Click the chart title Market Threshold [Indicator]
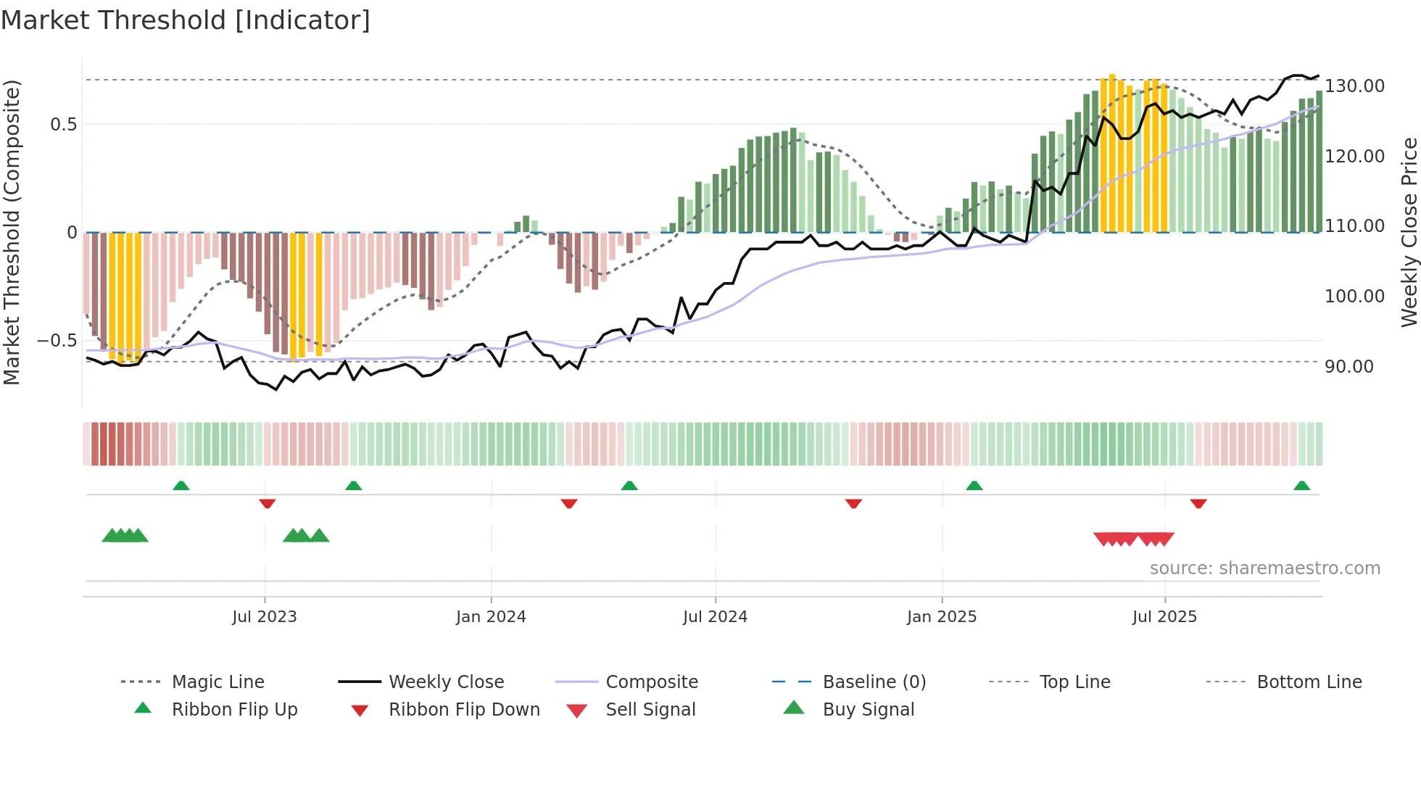click(x=186, y=20)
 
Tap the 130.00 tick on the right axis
click(x=1354, y=86)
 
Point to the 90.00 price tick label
click(x=1348, y=367)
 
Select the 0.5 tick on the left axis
click(x=64, y=125)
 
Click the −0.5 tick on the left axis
click(x=57, y=341)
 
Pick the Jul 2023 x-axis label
click(x=264, y=617)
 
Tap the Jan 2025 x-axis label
click(x=941, y=617)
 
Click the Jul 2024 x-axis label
click(x=715, y=617)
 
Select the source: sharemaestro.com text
click(x=1264, y=568)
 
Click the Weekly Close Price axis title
click(x=1409, y=232)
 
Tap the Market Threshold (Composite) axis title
click(x=12, y=232)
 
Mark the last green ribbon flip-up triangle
click(x=1301, y=486)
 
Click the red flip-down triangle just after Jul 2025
click(x=1198, y=503)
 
